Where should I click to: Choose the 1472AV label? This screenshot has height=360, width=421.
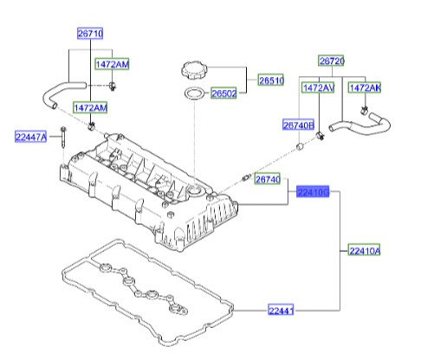coord(317,88)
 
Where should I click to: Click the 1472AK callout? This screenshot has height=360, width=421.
coord(365,88)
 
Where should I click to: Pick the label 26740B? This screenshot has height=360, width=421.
coord(299,125)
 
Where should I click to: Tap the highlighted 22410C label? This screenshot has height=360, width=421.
coord(313,192)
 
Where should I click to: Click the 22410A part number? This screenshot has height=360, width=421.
coord(365,251)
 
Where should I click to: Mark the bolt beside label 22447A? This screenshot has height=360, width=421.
coord(65,138)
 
